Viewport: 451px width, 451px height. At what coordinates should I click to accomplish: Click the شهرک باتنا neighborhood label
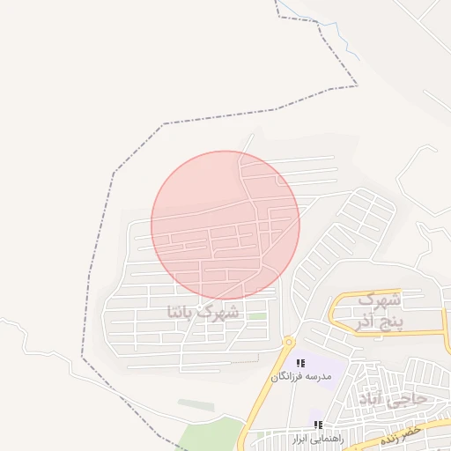point(202,311)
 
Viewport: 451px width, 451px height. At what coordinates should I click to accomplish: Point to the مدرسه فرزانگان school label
point(302,376)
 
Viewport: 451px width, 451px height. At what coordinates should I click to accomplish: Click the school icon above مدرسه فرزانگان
point(301,363)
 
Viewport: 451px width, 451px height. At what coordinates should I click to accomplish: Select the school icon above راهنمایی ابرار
point(318,425)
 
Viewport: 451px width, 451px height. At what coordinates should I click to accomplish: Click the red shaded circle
point(225,225)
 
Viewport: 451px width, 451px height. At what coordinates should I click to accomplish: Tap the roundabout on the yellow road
point(288,342)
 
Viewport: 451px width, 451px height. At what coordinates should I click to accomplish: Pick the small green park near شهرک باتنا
point(256,316)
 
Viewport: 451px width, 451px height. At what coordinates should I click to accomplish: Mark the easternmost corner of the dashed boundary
point(358,85)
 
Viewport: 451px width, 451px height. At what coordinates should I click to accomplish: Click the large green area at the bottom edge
point(207,436)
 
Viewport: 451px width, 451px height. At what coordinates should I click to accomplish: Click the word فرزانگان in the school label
point(290,376)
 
